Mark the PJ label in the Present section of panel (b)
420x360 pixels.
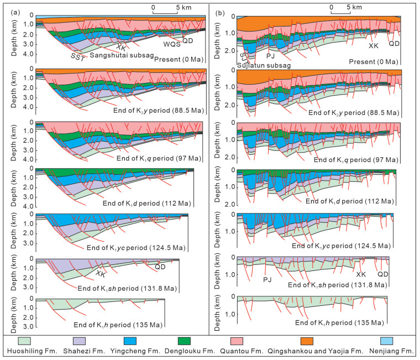point(271,56)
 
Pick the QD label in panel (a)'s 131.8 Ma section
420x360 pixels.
point(160,267)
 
